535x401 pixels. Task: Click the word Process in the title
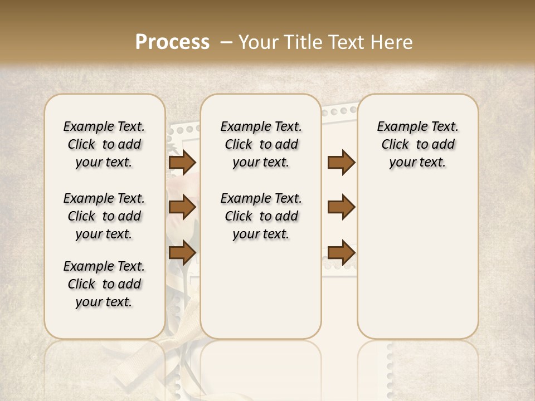point(172,42)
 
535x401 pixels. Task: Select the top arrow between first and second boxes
point(182,163)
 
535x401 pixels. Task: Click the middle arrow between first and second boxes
point(182,207)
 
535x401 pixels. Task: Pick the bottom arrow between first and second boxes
point(182,252)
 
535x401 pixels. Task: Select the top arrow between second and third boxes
point(341,163)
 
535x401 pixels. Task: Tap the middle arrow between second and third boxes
point(341,207)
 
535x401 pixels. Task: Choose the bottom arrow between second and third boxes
point(341,252)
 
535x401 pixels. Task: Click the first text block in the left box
point(104,144)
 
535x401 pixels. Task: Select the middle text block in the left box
point(104,216)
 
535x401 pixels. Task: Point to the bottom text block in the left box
point(104,284)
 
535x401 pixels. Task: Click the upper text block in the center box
point(261,144)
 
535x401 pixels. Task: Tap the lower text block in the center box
point(261,216)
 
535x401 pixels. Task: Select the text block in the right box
point(417,144)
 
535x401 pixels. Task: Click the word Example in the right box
point(398,127)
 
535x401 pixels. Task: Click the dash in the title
point(226,42)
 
